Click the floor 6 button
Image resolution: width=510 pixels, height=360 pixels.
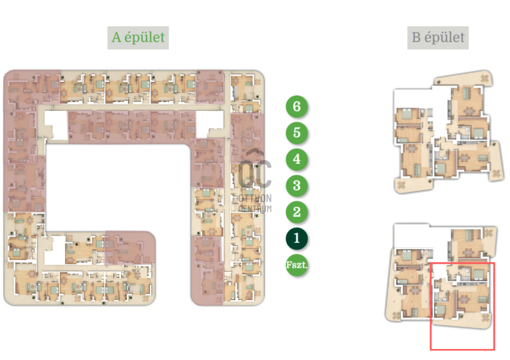click(296, 106)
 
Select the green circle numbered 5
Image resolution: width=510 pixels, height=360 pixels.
click(296, 133)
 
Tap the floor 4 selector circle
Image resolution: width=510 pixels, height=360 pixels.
click(296, 159)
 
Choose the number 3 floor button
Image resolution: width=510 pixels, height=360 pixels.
click(296, 185)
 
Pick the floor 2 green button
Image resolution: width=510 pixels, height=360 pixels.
click(296, 212)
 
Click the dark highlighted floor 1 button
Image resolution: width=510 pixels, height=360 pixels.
click(296, 238)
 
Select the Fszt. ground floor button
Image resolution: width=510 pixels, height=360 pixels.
click(296, 265)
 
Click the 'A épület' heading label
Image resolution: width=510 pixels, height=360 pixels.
click(138, 38)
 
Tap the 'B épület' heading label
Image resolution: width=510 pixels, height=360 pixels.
click(438, 38)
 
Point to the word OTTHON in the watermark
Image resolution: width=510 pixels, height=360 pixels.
click(255, 198)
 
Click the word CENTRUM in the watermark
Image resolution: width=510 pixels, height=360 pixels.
click(255, 208)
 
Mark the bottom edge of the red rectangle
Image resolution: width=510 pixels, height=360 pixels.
click(463, 350)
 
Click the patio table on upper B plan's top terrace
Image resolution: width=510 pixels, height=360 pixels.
click(484, 79)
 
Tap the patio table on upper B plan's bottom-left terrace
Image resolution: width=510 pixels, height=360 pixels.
click(401, 185)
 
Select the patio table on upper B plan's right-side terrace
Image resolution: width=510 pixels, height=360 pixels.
click(496, 173)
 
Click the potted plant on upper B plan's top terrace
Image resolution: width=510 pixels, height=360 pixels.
click(438, 82)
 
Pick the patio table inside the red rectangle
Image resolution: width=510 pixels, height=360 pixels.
click(485, 318)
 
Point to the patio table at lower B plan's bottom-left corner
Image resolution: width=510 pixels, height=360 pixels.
click(396, 315)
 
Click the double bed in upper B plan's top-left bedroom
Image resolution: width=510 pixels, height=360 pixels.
click(407, 115)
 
